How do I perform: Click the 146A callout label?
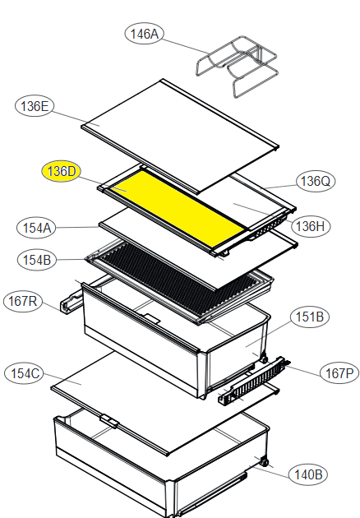[x=144, y=34]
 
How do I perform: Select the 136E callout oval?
[x=35, y=106]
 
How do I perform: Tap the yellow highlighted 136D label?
[x=62, y=172]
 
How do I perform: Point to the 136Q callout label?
[x=316, y=181]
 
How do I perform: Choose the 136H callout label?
[x=311, y=226]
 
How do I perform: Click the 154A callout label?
[x=36, y=228]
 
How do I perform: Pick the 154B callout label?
[x=37, y=260]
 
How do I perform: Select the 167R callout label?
[x=23, y=301]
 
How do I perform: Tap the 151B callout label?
[x=310, y=317]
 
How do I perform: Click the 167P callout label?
[x=339, y=373]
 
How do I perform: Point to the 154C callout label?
[x=25, y=373]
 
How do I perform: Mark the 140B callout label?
[x=308, y=474]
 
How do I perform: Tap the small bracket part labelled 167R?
[x=71, y=303]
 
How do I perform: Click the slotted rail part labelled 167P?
[x=253, y=381]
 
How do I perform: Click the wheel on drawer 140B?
[x=264, y=462]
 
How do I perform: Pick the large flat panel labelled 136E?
[x=180, y=136]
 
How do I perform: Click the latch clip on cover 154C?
[x=109, y=421]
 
